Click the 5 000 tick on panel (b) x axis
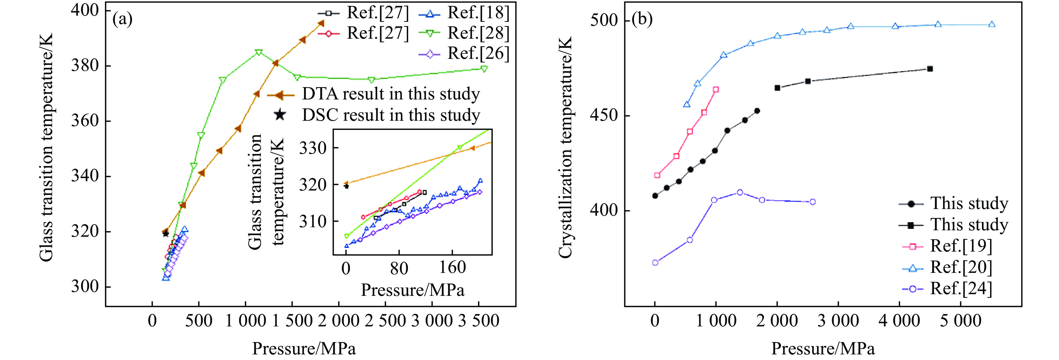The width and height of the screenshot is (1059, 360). [x=960, y=320]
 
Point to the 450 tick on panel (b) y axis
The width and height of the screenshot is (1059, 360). [x=604, y=115]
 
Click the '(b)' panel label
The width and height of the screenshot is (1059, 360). [x=642, y=19]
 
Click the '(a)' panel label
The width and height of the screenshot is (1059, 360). [x=122, y=19]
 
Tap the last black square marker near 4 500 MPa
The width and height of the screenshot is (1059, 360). [x=930, y=69]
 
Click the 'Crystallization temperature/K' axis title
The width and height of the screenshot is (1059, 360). [x=566, y=148]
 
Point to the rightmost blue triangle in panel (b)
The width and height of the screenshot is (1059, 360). [x=991, y=25]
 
